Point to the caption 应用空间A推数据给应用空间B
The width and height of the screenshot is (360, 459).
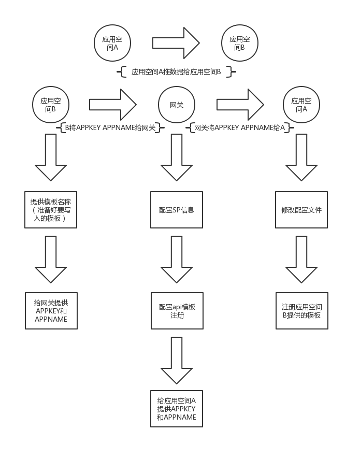[176, 71]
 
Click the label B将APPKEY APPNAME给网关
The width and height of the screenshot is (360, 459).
[110, 127]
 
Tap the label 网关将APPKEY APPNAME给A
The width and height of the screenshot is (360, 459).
[239, 127]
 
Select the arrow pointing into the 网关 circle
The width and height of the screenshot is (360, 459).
[113, 105]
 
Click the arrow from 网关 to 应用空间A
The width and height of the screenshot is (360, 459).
[240, 105]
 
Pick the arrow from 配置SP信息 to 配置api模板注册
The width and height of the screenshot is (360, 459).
[177, 260]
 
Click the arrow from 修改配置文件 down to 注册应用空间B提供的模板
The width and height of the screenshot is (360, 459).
[301, 260]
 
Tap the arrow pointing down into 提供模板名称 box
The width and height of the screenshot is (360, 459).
[51, 157]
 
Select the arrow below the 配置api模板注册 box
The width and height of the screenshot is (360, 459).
[177, 361]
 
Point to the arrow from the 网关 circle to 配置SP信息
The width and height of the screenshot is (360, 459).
[177, 157]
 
